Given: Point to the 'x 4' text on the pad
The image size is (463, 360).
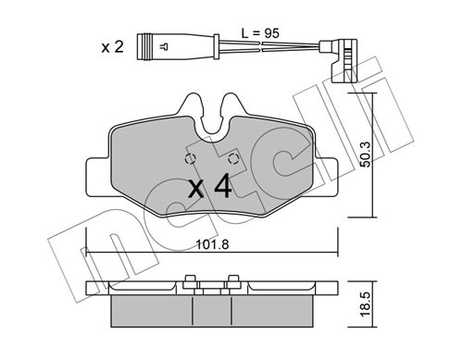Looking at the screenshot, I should (x=208, y=189).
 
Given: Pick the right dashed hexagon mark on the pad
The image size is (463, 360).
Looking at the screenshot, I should (x=233, y=158).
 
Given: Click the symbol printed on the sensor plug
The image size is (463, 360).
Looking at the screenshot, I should (x=164, y=43).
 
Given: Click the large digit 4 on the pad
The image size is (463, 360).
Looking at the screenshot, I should (x=221, y=189).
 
